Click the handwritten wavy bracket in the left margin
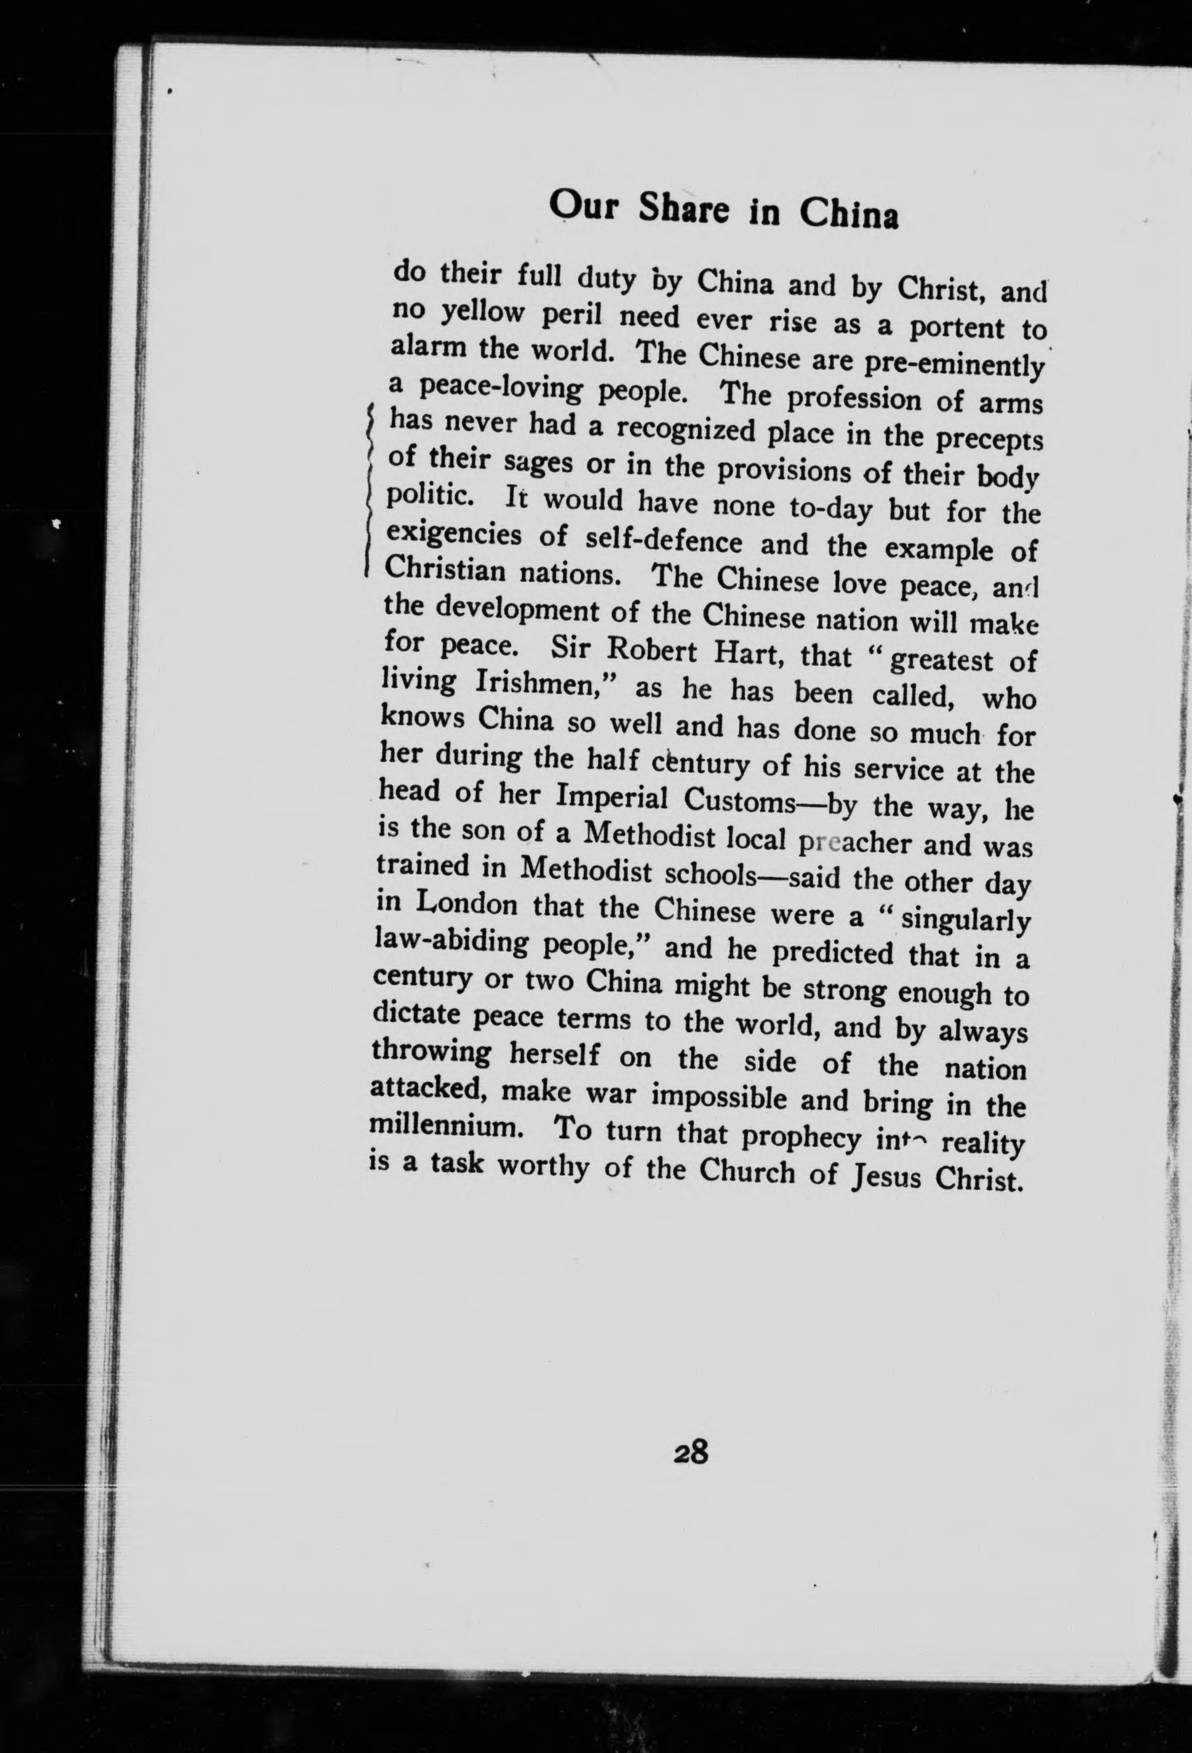tap(368, 490)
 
